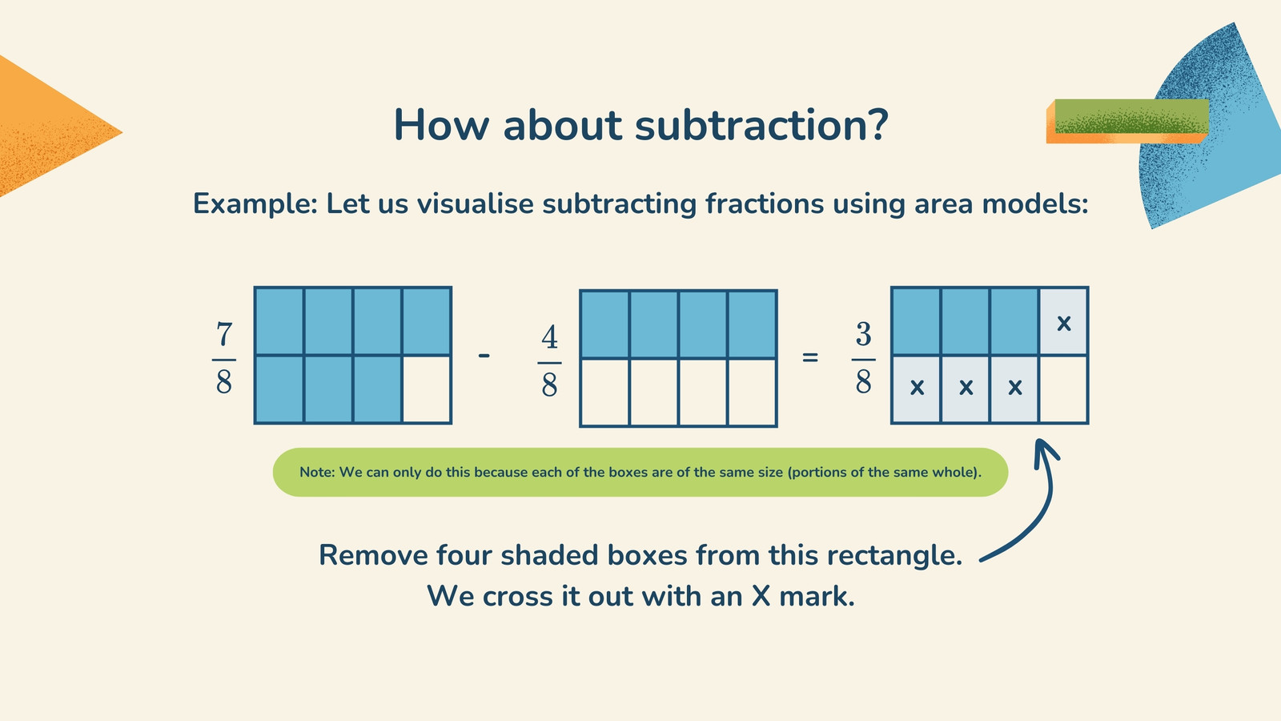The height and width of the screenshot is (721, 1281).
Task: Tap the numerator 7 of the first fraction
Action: pyautogui.click(x=224, y=334)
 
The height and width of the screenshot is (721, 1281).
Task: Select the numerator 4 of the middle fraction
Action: pyautogui.click(x=549, y=337)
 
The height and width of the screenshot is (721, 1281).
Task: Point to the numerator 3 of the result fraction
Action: pyautogui.click(x=864, y=334)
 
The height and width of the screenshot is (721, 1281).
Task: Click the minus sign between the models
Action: pyautogui.click(x=484, y=356)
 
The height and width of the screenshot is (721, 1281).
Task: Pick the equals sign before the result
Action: pyautogui.click(x=809, y=357)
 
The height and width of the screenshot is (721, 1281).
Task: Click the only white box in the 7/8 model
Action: pyautogui.click(x=427, y=389)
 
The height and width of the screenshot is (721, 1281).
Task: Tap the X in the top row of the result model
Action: pyautogui.click(x=1064, y=324)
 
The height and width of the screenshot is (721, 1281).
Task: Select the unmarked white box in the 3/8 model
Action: pyautogui.click(x=1063, y=389)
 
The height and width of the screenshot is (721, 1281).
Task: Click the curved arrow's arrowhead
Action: pyautogui.click(x=1046, y=452)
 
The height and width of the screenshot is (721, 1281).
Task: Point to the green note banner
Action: pyautogui.click(x=640, y=472)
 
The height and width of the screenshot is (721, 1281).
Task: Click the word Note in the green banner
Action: pyautogui.click(x=316, y=472)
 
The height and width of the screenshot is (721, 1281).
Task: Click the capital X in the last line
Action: pyautogui.click(x=761, y=596)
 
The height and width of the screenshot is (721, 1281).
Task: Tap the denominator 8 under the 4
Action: pyautogui.click(x=549, y=384)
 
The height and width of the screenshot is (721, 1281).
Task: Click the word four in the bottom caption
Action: pyautogui.click(x=464, y=555)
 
